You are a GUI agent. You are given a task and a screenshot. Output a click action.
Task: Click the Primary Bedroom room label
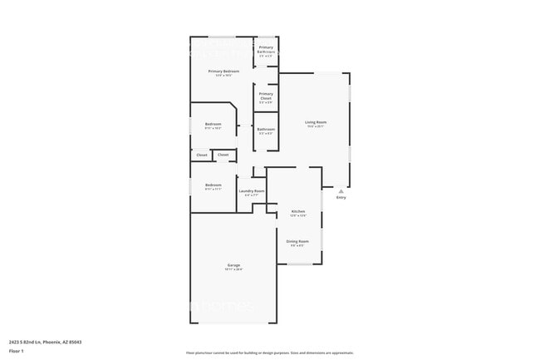pyautogui.click(x=223, y=72)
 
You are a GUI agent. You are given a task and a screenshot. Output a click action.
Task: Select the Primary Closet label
pyautogui.click(x=266, y=96)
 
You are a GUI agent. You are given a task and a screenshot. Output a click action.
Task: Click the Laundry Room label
pyautogui.click(x=252, y=191)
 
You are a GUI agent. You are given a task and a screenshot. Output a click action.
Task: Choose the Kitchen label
pyautogui.click(x=298, y=211)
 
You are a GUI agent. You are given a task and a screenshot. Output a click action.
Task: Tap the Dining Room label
pyautogui.click(x=297, y=241)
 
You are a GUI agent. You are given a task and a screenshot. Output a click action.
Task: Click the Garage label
pyautogui.click(x=234, y=265)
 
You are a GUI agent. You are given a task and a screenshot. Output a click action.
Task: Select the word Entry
pyautogui.click(x=341, y=198)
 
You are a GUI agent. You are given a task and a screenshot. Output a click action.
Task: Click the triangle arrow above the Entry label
pyautogui.click(x=341, y=190)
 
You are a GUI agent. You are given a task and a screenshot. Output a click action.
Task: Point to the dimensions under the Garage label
pyautogui.click(x=234, y=269)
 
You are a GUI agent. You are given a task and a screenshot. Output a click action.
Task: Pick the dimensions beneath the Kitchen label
pyautogui.click(x=298, y=215)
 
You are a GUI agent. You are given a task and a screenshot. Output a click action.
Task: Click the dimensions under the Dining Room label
pyautogui.click(x=297, y=245)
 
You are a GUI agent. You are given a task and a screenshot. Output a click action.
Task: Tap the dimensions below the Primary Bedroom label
pyautogui.click(x=223, y=76)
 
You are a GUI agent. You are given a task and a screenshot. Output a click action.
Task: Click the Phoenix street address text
pyautogui.click(x=45, y=341)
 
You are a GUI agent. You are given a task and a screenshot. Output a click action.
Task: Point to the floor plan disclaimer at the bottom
pyautogui.click(x=269, y=353)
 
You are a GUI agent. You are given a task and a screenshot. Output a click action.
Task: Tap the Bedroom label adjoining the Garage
pyautogui.click(x=214, y=185)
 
